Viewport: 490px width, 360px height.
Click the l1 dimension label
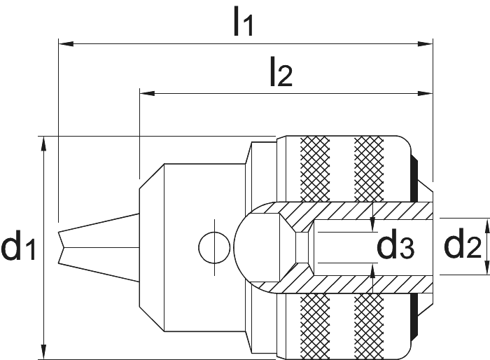click(x=243, y=20)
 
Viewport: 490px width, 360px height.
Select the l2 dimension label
click(x=281, y=71)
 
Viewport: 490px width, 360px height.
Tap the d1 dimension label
click(x=19, y=244)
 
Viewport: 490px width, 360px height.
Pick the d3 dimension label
click(x=395, y=243)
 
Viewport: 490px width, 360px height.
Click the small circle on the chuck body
click(x=214, y=247)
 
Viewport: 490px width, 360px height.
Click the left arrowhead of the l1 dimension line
click(x=66, y=44)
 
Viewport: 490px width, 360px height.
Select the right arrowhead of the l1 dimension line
click(x=426, y=44)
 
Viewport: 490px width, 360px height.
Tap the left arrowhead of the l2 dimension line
click(x=147, y=93)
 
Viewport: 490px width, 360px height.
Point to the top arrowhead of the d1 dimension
click(x=43, y=144)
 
